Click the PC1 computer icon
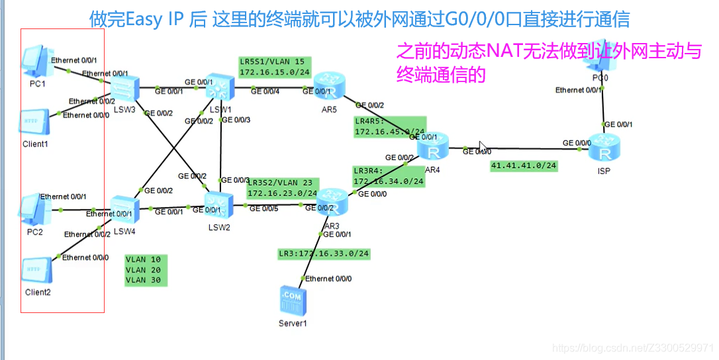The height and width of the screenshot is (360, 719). pyautogui.click(x=37, y=60)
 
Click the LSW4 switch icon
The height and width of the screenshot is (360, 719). pyautogui.click(x=123, y=209)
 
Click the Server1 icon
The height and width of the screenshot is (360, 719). pyautogui.click(x=292, y=301)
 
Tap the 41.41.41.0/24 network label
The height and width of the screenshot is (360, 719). pyautogui.click(x=523, y=165)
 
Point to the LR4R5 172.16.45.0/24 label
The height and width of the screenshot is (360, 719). pyautogui.click(x=389, y=127)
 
